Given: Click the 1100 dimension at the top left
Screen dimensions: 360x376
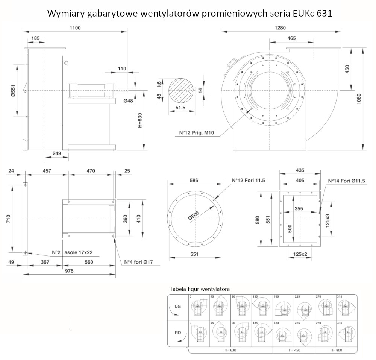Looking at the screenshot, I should [x=75, y=27].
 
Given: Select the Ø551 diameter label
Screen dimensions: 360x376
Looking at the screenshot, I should [x=13, y=91].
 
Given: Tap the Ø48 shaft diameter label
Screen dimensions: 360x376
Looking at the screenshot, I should [x=129, y=101].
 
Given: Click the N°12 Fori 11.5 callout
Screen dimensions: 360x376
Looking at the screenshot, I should [x=248, y=181].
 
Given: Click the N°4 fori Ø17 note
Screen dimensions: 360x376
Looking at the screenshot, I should [x=139, y=262].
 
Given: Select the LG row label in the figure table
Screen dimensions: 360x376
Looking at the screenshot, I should [x=178, y=307].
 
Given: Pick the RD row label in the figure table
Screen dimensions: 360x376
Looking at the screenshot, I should [x=178, y=332].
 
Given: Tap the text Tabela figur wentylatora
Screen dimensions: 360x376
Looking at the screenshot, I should [x=200, y=289].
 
